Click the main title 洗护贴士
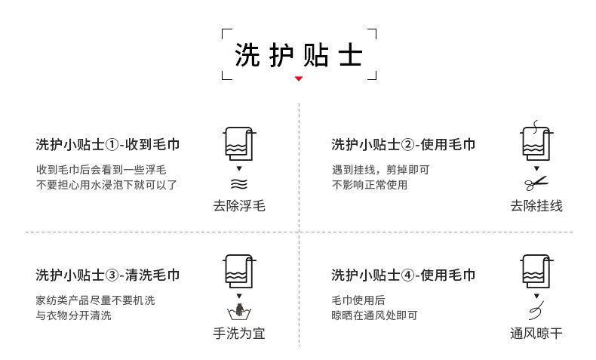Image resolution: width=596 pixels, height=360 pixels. [x=299, y=55]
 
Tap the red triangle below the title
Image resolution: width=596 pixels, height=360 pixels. [x=299, y=78]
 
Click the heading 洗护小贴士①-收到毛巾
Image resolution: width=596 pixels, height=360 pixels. [x=108, y=144]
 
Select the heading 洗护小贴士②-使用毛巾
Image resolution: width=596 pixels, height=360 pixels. [x=404, y=144]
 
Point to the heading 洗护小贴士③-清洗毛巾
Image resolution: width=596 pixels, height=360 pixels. [x=108, y=275]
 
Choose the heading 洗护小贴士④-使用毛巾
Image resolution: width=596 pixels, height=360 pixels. [x=404, y=275]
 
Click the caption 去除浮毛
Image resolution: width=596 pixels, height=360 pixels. [x=239, y=205]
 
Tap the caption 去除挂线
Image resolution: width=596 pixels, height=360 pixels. [x=536, y=205]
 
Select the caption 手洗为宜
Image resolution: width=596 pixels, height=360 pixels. [x=239, y=333]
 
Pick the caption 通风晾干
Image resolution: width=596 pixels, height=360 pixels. [x=536, y=333]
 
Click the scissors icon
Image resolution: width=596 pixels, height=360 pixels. [x=536, y=183]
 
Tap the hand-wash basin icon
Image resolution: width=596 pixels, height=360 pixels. [x=239, y=311]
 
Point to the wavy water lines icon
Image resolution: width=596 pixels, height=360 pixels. [x=239, y=183]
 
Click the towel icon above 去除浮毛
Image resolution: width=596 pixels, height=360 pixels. [x=239, y=143]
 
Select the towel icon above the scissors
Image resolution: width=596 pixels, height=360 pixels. [x=535, y=142]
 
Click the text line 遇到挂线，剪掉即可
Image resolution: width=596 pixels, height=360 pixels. [x=380, y=170]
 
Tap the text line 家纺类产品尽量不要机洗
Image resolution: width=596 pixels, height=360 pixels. [x=95, y=300]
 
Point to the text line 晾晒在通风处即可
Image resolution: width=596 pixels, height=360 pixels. [x=374, y=315]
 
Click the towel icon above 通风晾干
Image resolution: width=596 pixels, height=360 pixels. [x=535, y=272]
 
